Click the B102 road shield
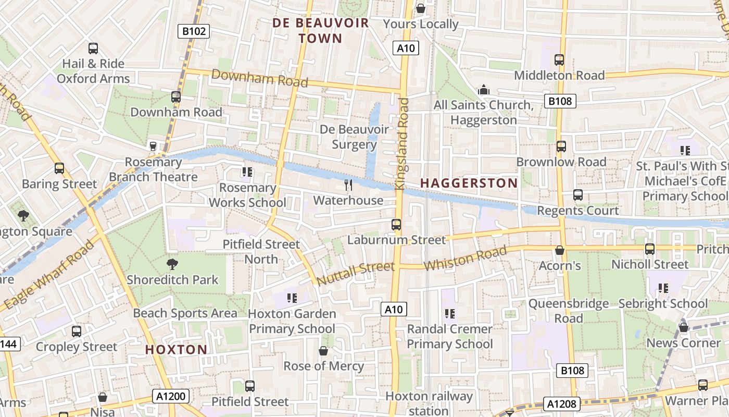pos(194,31)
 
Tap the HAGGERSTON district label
pos(469,183)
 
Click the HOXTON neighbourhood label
pos(176,349)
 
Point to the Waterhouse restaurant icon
pos(348,185)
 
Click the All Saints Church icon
pos(484,90)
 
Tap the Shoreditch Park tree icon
pos(172,264)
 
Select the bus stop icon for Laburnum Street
pos(396,225)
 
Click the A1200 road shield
pos(171,397)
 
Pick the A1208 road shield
pos(562,404)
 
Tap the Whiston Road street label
pos(464,259)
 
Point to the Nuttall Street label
pos(355,274)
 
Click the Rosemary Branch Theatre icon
pos(153,146)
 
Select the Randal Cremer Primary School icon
pos(449,314)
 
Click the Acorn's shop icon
pos(560,250)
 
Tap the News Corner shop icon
pos(684,327)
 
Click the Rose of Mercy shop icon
pos(323,351)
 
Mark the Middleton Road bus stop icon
pos(559,60)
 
